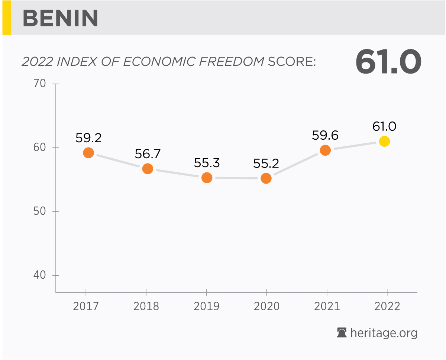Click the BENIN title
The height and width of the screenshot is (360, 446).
(x=61, y=18)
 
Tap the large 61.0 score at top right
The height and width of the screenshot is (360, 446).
(x=388, y=62)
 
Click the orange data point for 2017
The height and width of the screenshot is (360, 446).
(x=88, y=153)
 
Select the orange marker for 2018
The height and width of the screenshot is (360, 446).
(x=148, y=169)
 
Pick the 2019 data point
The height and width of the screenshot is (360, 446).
(x=207, y=178)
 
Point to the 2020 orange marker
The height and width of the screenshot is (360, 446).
(x=266, y=178)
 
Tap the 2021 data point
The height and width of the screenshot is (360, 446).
(x=325, y=150)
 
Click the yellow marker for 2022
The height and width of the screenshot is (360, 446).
(x=384, y=141)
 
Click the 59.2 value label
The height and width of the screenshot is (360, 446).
(x=88, y=138)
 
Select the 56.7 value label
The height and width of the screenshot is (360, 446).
(x=148, y=154)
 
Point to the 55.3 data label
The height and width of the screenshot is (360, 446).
(x=207, y=163)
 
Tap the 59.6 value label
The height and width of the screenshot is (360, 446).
(x=325, y=135)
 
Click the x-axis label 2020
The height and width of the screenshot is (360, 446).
(x=266, y=307)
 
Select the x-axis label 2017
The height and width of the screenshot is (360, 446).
(x=86, y=307)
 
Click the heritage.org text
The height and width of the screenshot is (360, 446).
(x=384, y=333)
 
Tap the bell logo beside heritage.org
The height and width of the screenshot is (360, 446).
(x=342, y=333)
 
